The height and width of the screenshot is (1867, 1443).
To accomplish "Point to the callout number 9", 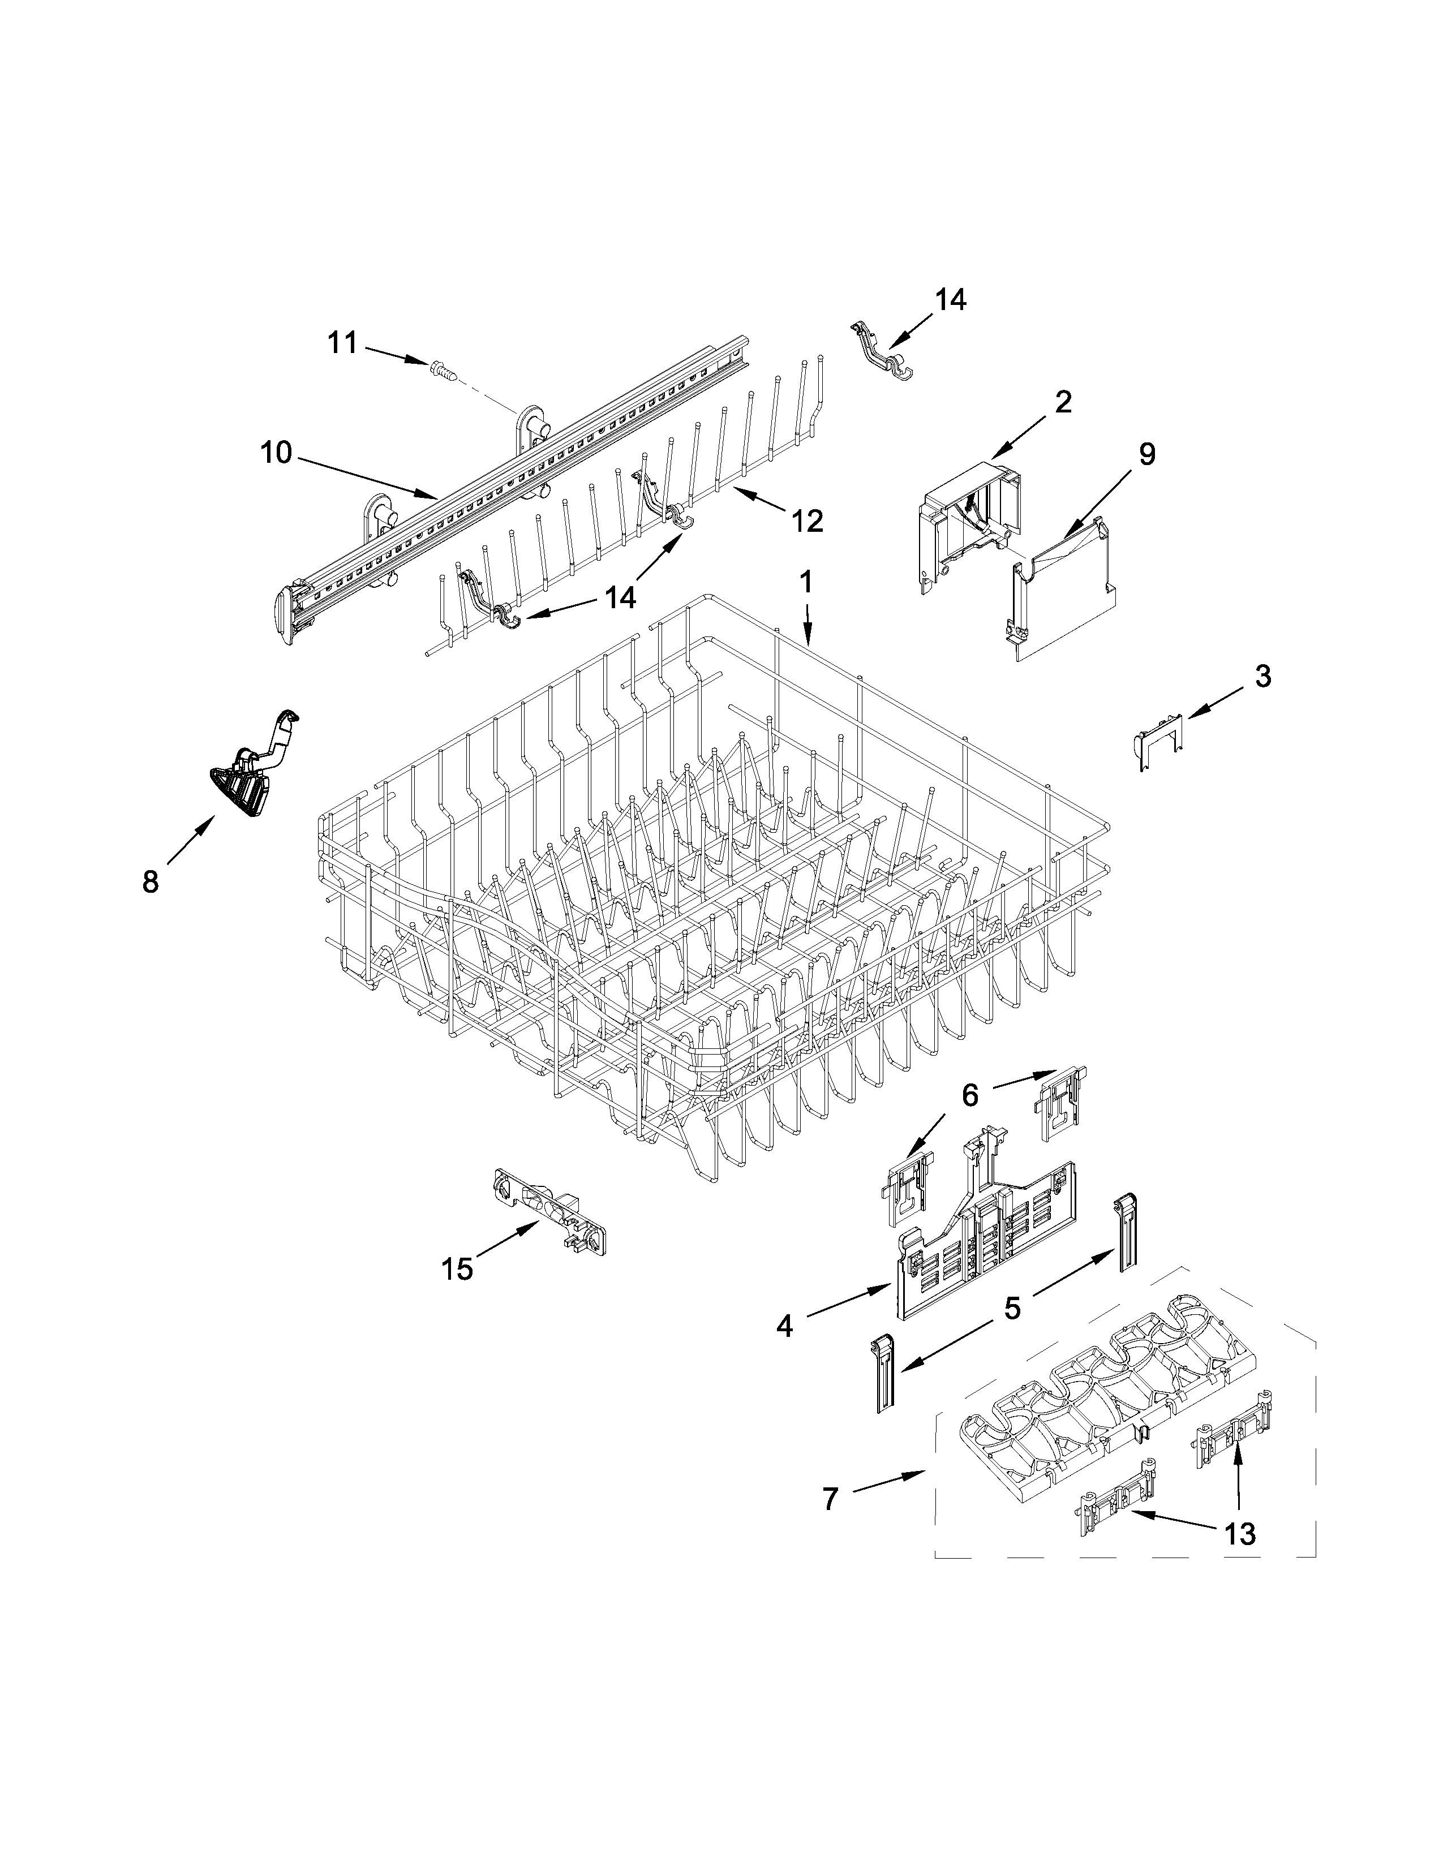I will pos(1146,454).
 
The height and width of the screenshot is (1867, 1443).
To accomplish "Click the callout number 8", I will pos(151,881).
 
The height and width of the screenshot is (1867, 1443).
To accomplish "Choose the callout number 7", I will pos(830,1499).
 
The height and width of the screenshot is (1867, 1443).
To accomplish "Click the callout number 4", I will pos(784,1326).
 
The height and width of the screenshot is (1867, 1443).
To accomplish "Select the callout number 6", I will pos(969,1095).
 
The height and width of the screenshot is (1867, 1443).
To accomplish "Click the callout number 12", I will pos(807,520).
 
